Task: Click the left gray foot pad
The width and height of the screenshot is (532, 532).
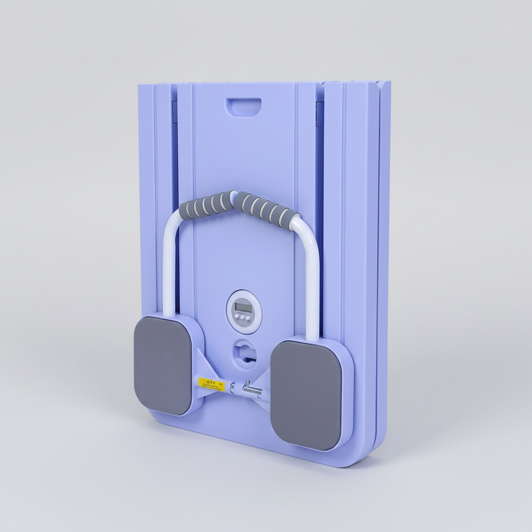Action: [x=163, y=365]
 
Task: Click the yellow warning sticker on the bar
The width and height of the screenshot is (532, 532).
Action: [x=211, y=383]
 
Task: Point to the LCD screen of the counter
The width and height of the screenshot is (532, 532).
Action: [x=243, y=307]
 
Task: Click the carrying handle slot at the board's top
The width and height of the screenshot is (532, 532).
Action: [x=243, y=107]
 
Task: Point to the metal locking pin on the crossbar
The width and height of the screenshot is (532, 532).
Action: [x=247, y=387]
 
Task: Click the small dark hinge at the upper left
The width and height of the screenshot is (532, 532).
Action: [x=175, y=112]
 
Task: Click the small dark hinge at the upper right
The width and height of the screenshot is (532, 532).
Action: [x=320, y=114]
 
